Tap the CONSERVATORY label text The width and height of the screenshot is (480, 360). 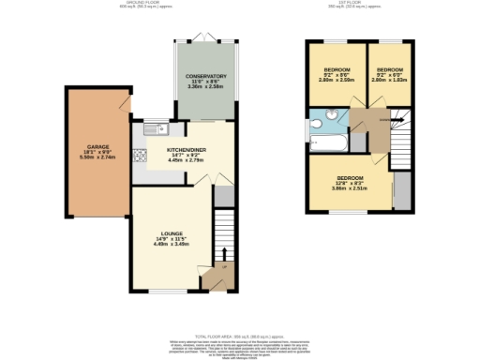click(205, 76)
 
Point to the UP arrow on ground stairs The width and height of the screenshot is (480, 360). click(223, 253)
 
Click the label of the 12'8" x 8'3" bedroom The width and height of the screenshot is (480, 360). click(349, 178)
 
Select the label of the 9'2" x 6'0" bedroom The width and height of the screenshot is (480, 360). click(387, 70)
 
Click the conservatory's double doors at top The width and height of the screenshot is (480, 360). click(205, 40)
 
